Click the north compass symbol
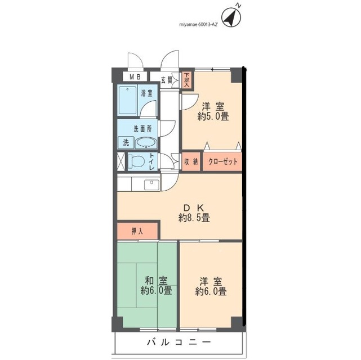point(231,17)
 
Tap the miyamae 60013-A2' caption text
point(198,25)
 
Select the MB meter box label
point(135,77)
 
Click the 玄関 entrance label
point(167,80)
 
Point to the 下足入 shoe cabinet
point(187,80)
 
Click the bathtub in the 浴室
point(127,100)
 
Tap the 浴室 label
point(146,93)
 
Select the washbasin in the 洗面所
point(146,143)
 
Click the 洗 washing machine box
point(126,143)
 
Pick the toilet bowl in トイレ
point(136,161)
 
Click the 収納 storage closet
point(191,161)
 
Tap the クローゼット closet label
point(222,161)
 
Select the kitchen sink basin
point(151,185)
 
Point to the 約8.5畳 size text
point(194,218)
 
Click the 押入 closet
point(137,231)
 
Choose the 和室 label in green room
point(157,281)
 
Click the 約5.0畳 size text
point(213,116)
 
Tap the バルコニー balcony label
point(179,342)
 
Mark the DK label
point(194,208)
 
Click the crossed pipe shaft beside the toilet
point(121,161)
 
